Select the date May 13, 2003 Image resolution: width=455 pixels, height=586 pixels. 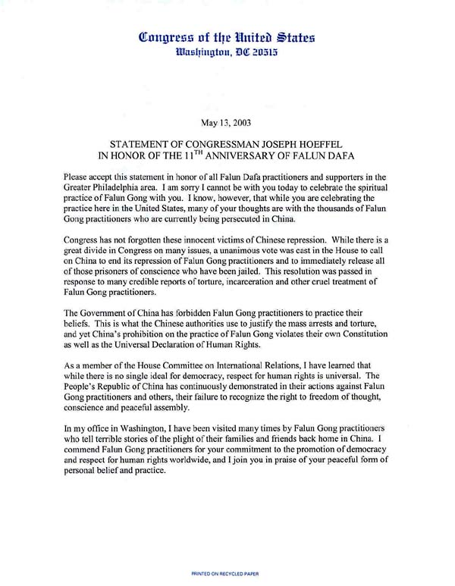point(226,121)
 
